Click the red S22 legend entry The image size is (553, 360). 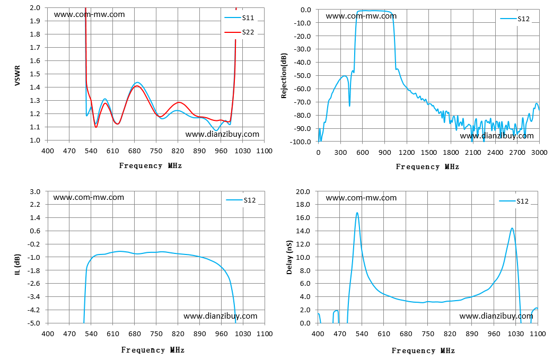coord(239,32)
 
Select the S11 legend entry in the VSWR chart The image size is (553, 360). coord(239,17)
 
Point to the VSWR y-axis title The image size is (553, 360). coord(17,75)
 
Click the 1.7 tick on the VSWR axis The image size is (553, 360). coord(35,47)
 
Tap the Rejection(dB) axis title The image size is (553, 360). coord(284,75)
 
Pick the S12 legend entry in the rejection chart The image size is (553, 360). coord(515,19)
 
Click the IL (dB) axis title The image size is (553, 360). coord(17,264)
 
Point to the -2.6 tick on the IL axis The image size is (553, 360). coord(34,284)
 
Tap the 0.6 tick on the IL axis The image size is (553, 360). coord(35,231)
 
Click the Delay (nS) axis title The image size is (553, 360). coord(289,257)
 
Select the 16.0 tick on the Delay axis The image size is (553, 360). coord(303,217)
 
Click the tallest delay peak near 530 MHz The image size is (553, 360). coord(357,213)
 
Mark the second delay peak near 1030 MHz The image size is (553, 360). coord(512,228)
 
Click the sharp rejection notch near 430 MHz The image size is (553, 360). coord(349,106)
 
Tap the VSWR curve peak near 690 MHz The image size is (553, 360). coord(137,83)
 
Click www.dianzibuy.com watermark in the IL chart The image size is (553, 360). coord(221,316)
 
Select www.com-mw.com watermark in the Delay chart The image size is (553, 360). coord(361,198)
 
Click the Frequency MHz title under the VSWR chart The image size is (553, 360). coord(151,166)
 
